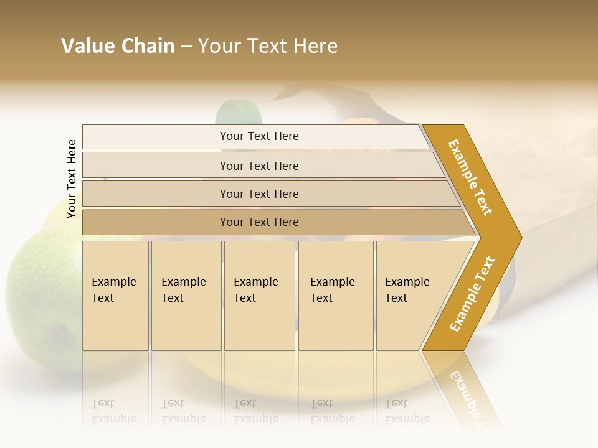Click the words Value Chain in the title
(x=118, y=46)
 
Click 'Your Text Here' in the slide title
(x=268, y=46)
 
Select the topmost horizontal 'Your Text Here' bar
(x=259, y=136)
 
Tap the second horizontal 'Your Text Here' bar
(x=259, y=166)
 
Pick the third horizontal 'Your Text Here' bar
(x=259, y=194)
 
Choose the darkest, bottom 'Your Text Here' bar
(x=259, y=222)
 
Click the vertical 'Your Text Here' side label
(x=72, y=179)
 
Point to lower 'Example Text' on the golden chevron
(x=472, y=294)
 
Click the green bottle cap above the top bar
(x=238, y=113)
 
